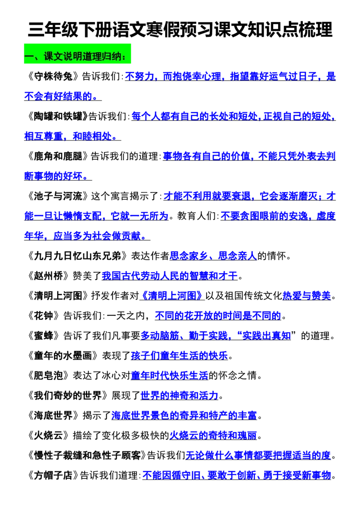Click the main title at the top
coord(180,30)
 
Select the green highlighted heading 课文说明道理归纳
coord(77,56)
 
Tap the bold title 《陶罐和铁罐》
coord(56,116)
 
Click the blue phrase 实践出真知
coord(266,335)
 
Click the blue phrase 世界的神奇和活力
coord(180,395)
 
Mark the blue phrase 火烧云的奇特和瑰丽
coord(213,435)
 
